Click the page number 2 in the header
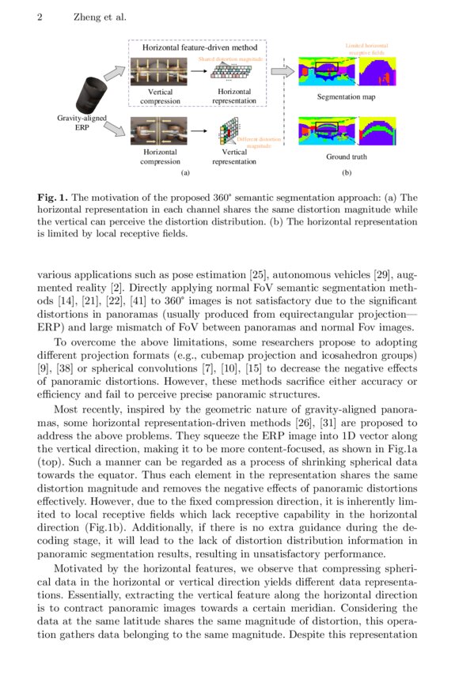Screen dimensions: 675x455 pos(40,17)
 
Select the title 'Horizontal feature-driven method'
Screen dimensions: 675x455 pos(195,47)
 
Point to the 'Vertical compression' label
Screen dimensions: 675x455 pos(155,96)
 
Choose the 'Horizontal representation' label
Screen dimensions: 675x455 pos(234,96)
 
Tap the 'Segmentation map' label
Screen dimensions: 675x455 pos(347,97)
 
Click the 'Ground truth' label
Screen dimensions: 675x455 pos(347,156)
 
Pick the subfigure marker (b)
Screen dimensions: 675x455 pos(347,172)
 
